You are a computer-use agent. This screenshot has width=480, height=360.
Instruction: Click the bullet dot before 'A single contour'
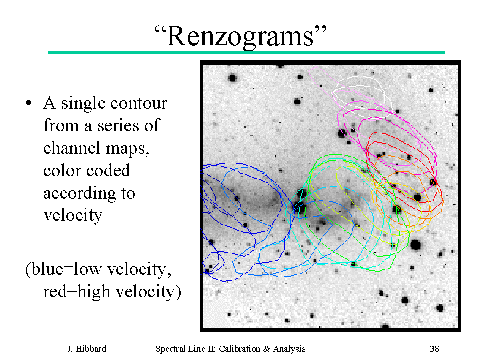(x=29, y=103)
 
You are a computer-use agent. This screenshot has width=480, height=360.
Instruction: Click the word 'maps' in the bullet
(x=127, y=149)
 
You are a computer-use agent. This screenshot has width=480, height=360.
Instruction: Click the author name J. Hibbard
(x=87, y=349)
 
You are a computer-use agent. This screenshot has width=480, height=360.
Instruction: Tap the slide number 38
(x=434, y=349)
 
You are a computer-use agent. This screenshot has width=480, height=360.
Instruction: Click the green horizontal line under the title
(x=246, y=53)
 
